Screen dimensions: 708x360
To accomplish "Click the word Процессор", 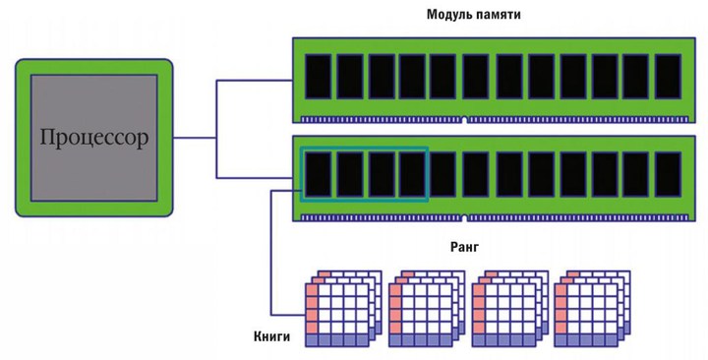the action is pos(94,138).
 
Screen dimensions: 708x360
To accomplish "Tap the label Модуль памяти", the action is pos(474,15).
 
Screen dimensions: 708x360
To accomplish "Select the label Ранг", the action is pos(464,247).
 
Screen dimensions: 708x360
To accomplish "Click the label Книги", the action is pos(271,336).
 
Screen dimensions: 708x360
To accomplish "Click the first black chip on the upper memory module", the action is pos(319,77).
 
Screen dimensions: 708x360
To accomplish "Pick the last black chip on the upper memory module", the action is pos(668,77).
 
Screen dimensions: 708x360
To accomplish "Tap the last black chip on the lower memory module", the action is pos(668,174).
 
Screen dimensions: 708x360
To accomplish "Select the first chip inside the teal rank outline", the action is pos(319,174).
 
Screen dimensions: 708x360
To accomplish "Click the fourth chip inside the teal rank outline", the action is pos(412,174).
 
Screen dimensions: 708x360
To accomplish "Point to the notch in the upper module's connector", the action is pos(465,120).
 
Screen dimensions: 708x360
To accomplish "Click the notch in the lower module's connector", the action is pos(465,218).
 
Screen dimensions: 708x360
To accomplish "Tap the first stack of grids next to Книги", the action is pos(343,309).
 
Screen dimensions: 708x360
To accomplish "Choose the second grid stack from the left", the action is pos(427,309).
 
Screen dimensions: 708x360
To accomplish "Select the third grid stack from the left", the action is pos(510,309).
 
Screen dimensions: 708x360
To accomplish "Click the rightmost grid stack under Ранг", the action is pos(593,309).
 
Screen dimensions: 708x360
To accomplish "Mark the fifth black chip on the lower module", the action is pos(442,174).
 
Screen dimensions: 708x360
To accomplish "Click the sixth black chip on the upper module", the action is pos(476,77).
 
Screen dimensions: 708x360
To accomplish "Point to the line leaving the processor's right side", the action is pos(195,138).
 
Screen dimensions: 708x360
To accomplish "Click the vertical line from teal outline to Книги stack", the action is pos(271,253).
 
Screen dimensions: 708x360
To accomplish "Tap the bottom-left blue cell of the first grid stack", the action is pos(312,340).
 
